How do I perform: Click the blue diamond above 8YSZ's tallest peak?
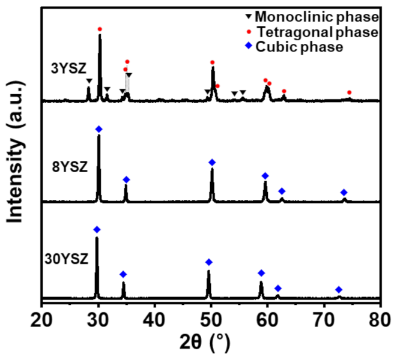[x=99, y=130]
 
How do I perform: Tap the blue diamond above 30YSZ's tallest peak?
[x=97, y=230]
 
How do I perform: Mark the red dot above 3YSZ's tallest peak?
[x=100, y=29]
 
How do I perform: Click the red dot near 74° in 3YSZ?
[x=349, y=92]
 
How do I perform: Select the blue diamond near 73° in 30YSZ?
[x=339, y=290]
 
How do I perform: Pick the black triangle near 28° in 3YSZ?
[x=89, y=81]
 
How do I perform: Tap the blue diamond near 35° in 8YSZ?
[x=126, y=179]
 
